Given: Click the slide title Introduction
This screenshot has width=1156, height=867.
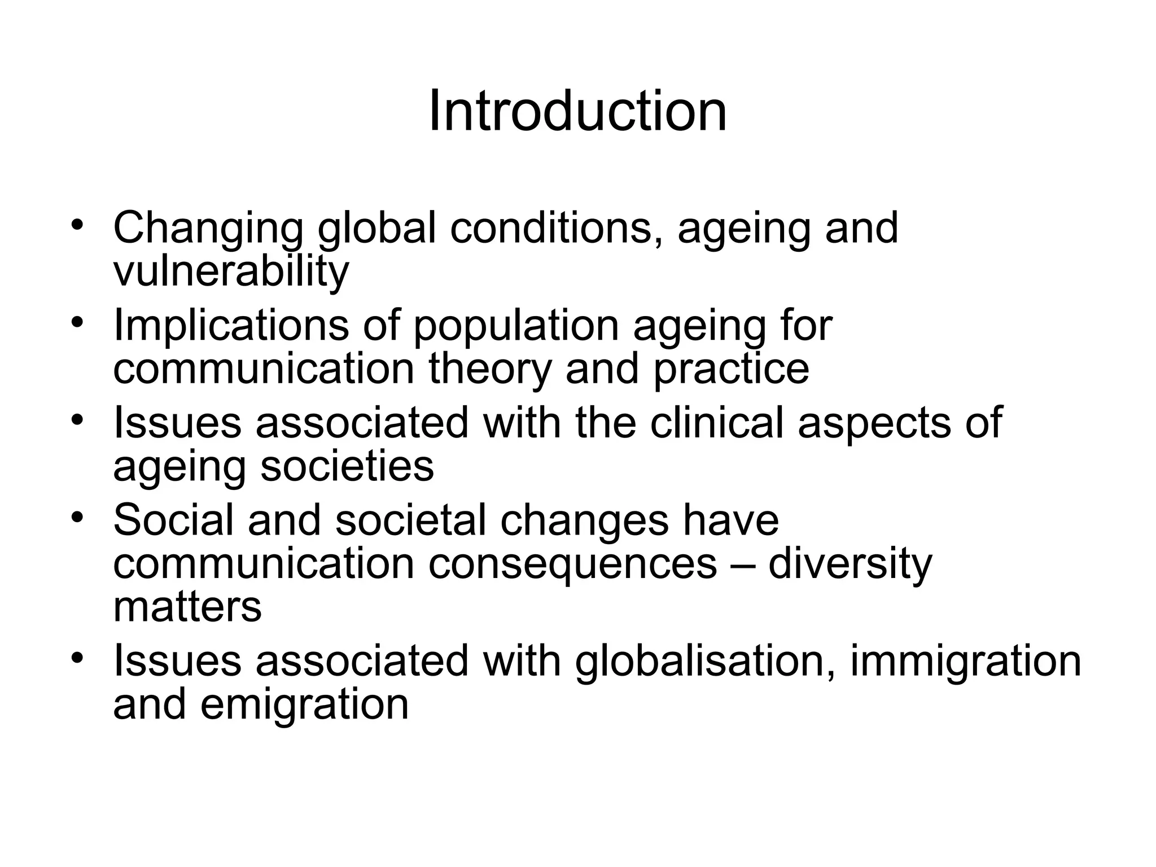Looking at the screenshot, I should pos(577,112).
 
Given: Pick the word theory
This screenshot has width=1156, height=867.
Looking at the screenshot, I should pos(489,369).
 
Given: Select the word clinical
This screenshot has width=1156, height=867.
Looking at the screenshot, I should pos(716,423).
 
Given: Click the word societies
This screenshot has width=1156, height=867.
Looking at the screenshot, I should pos(347,466).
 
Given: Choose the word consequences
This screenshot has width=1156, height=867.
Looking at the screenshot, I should pos(572,564).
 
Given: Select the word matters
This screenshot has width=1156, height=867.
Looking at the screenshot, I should pos(187,606).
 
